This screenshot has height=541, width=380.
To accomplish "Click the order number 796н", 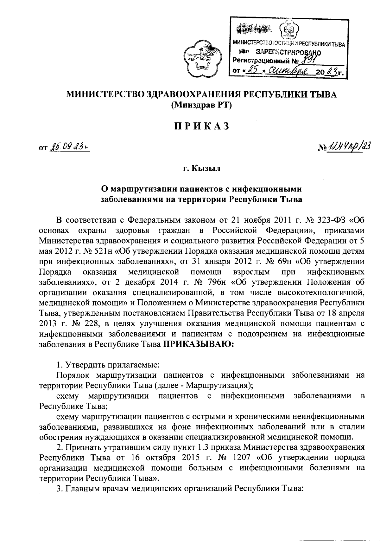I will pyautogui.click(x=218, y=282).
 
